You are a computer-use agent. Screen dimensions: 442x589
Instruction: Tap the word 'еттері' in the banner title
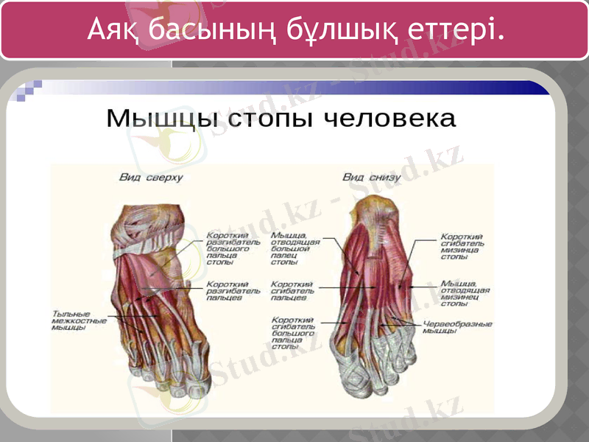[x=455, y=29]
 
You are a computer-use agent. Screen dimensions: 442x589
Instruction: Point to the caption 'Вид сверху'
[x=151, y=178]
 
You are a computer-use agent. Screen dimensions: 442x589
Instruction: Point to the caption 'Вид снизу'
[x=372, y=178]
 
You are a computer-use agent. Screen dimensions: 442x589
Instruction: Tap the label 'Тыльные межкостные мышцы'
[x=79, y=320]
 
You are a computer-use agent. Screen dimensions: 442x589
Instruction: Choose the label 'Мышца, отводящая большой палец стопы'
[x=294, y=248]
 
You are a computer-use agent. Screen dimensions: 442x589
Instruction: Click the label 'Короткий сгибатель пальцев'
[x=292, y=290]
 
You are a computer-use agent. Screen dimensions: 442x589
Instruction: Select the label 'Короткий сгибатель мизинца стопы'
[x=462, y=247]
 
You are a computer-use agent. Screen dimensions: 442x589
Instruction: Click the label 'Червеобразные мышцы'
[x=457, y=326]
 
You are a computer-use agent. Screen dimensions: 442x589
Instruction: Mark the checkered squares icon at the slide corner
[x=29, y=89]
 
